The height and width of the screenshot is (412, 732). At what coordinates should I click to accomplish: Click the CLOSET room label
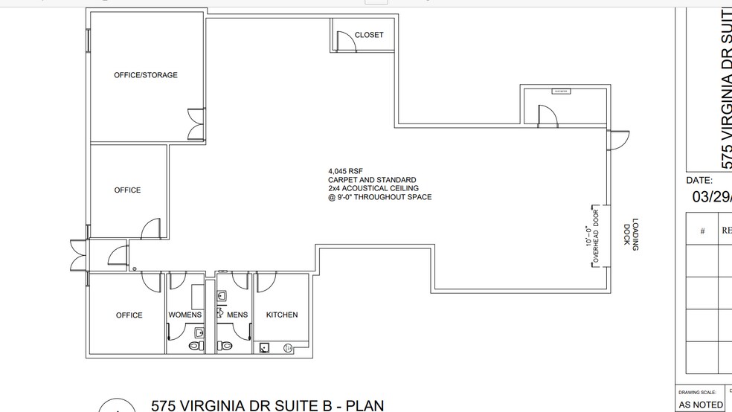369,35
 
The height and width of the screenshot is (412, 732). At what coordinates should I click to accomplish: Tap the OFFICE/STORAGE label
146,75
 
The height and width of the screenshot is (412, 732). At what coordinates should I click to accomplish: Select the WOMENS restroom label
185,315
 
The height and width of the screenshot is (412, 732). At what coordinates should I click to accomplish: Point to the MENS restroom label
237,315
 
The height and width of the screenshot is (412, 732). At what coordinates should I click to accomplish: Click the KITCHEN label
282,315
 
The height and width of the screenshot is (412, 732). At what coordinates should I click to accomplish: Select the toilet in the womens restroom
195,346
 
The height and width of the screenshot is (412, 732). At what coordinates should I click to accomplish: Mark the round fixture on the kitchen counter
287,347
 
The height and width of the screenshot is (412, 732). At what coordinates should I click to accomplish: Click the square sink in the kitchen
265,347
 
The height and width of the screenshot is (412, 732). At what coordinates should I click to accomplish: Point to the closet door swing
346,41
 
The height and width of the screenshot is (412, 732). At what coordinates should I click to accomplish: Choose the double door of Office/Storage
194,123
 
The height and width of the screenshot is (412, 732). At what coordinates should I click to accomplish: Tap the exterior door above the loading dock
618,140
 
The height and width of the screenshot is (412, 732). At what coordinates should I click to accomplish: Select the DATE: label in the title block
699,181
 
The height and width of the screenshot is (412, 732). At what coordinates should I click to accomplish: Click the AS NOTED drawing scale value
701,405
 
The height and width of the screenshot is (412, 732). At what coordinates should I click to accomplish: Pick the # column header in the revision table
701,231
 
